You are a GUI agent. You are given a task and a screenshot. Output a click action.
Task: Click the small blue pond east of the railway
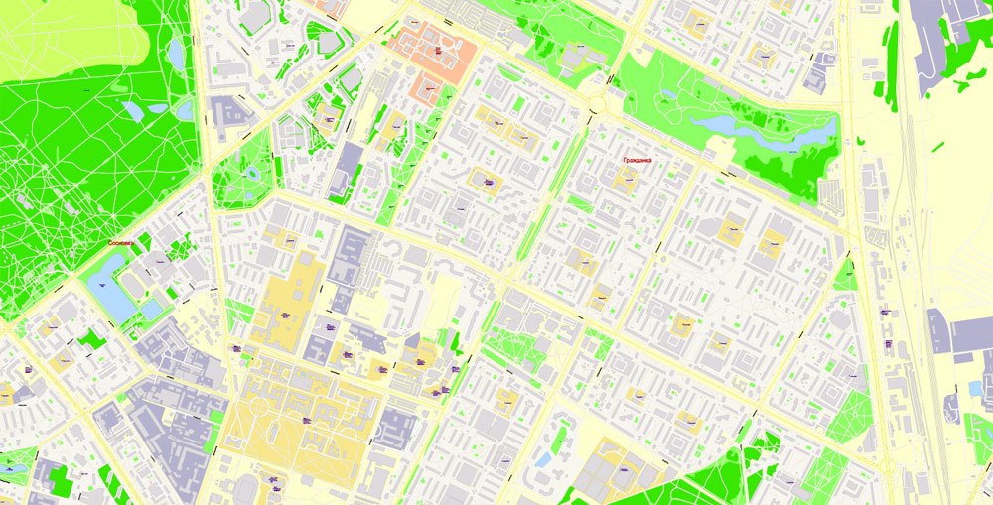click(974, 387)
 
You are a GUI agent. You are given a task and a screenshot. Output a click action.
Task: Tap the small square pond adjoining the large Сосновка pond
click(150, 309)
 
